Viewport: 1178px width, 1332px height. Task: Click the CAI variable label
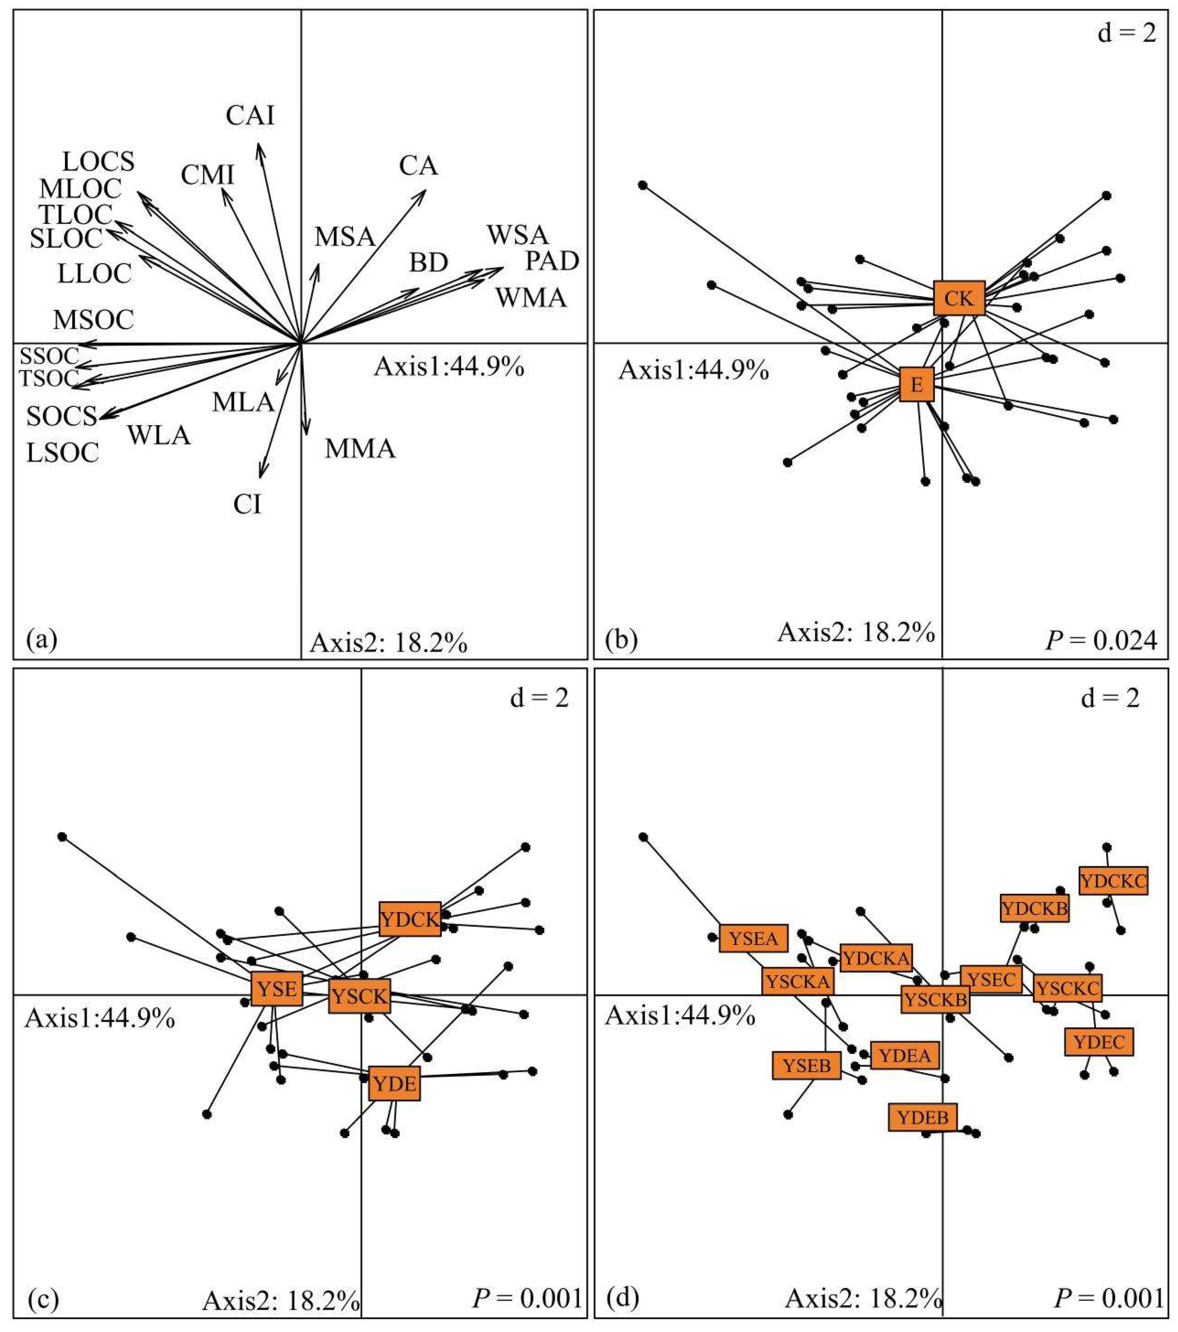point(250,116)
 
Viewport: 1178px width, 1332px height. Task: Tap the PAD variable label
point(552,261)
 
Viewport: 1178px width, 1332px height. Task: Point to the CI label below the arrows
point(247,504)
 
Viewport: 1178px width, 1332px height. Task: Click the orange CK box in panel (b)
point(958,298)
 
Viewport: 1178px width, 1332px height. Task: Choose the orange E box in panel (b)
point(916,385)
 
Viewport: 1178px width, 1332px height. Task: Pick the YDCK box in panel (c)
point(410,919)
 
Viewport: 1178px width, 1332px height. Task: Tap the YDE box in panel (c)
point(395,1084)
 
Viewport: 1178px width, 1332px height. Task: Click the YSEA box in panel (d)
point(753,938)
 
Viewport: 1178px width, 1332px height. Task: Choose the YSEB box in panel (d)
point(806,1066)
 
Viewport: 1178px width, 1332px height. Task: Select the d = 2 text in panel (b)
point(1126,33)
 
